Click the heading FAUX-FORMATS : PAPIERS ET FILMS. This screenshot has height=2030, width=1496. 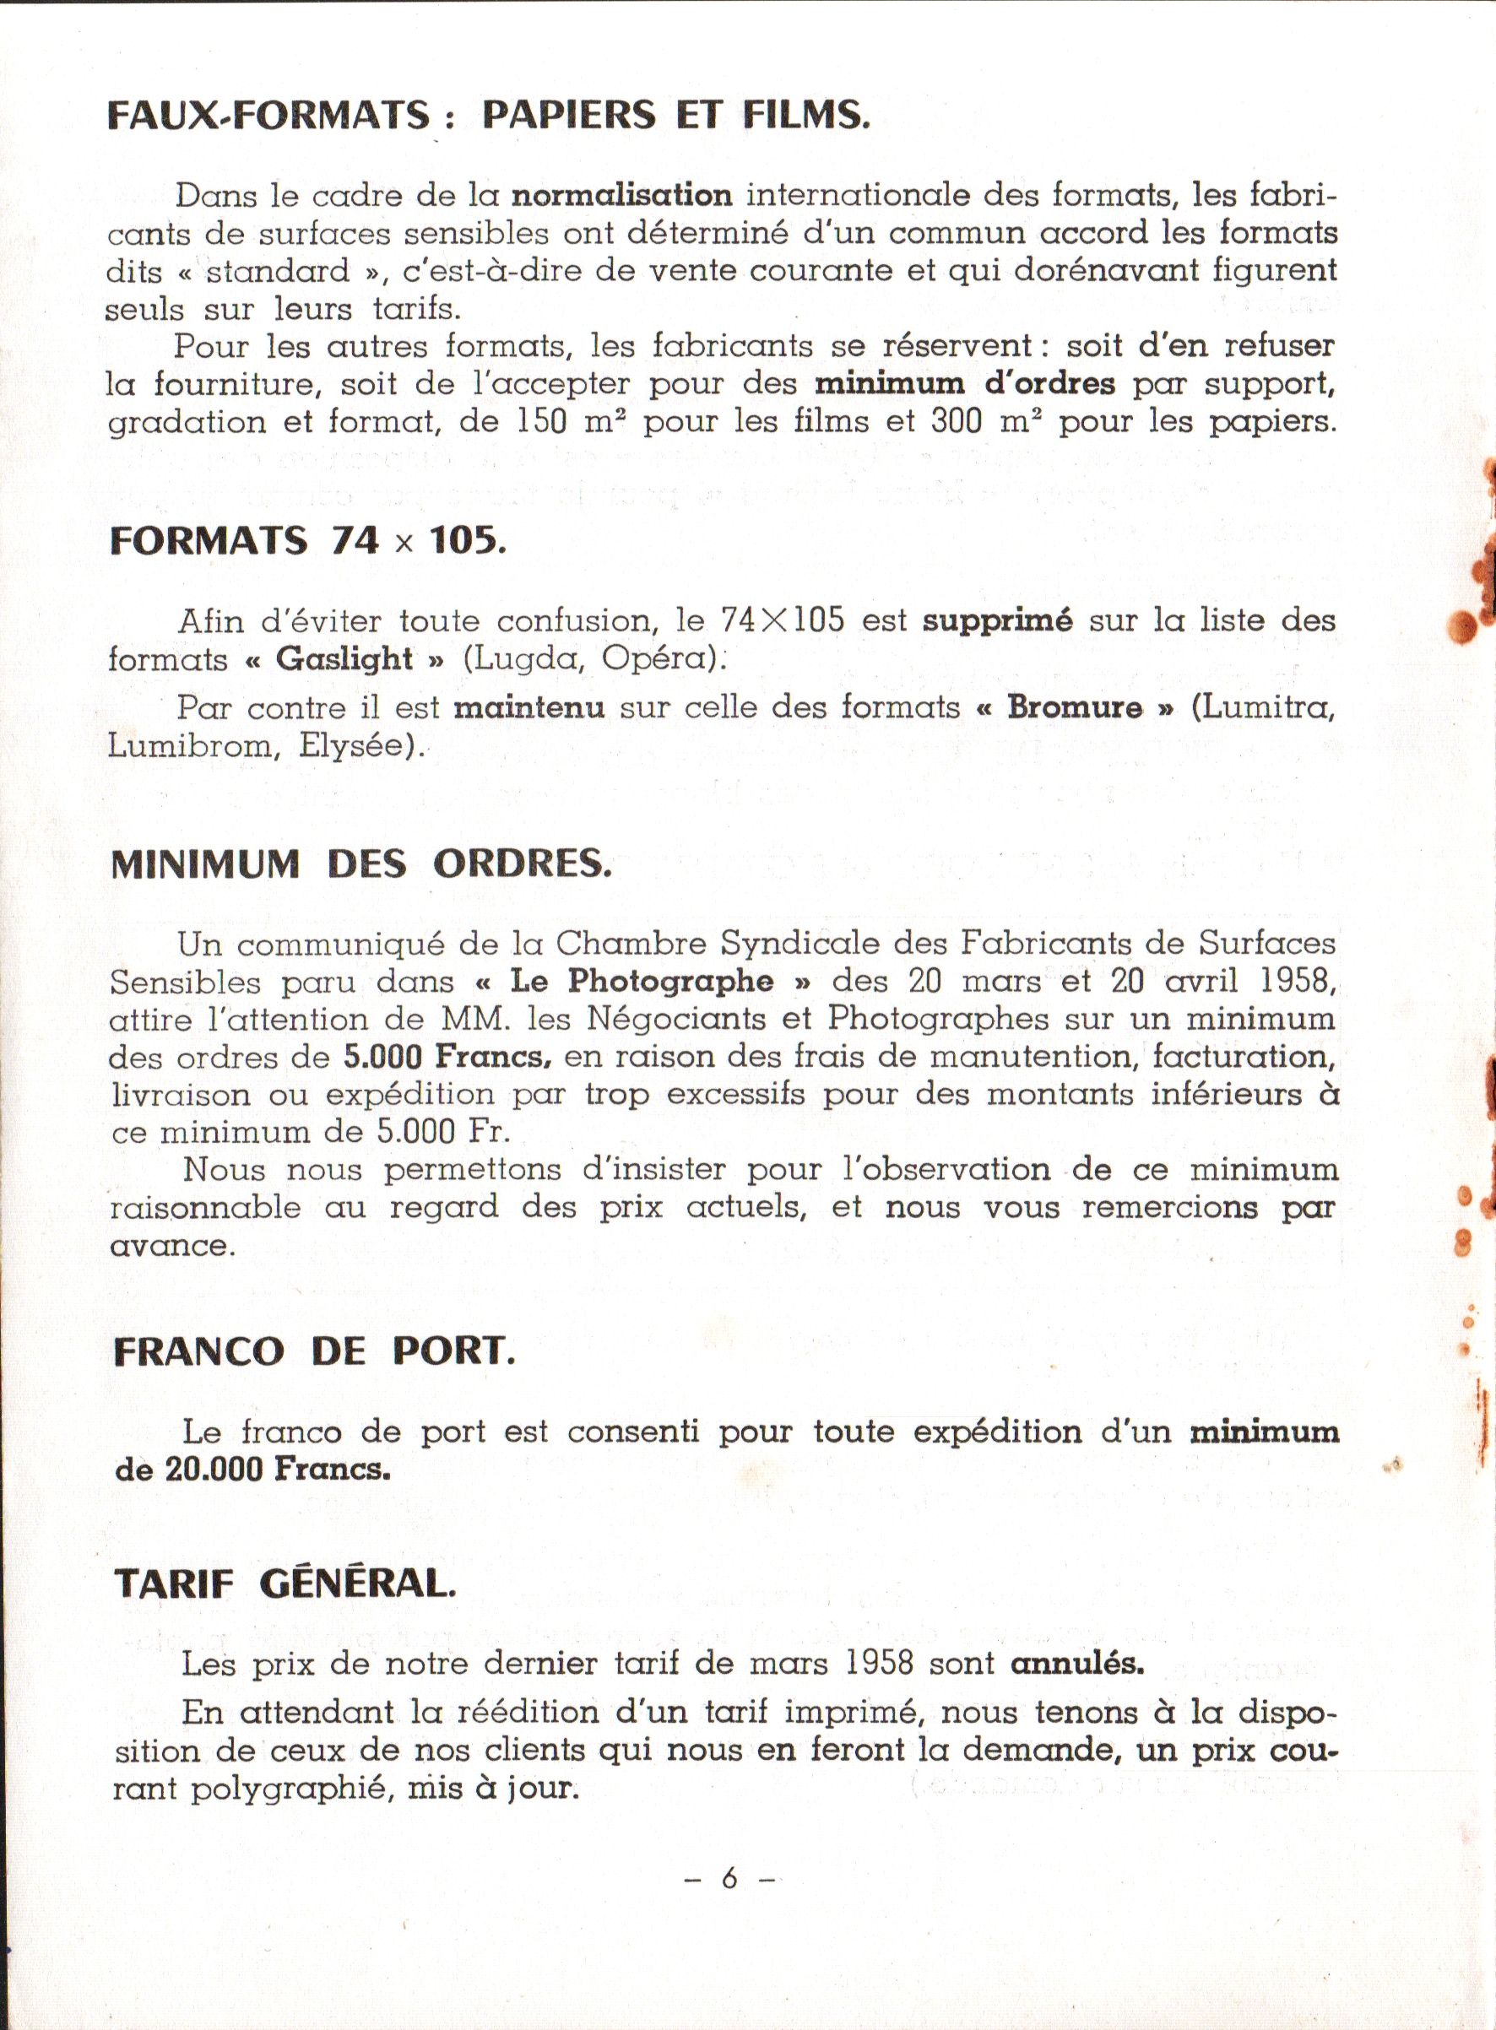(x=488, y=116)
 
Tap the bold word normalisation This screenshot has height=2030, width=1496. (x=622, y=195)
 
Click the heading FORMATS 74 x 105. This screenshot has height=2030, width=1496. (x=307, y=540)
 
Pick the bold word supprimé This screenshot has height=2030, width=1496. (x=997, y=621)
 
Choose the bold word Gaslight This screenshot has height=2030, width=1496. (x=344, y=658)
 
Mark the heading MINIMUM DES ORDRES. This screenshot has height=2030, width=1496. (x=360, y=864)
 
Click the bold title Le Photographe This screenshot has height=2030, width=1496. (x=640, y=982)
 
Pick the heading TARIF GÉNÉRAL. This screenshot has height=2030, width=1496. (x=285, y=1583)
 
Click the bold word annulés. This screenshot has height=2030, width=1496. (x=1076, y=1664)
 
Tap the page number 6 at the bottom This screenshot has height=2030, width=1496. (x=729, y=1878)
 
